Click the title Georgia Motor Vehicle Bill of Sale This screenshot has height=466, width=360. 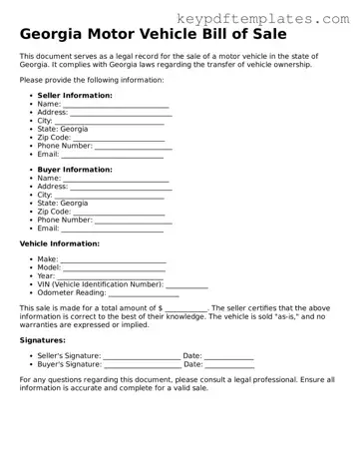150,35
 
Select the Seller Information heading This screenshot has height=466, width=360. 75,95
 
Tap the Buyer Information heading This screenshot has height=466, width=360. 75,170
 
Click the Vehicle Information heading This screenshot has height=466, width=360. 60,243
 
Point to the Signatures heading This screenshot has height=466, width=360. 43,340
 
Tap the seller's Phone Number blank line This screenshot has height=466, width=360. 134,146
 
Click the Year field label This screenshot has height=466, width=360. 46,276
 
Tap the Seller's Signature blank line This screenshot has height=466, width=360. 141,356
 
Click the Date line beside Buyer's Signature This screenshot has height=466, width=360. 230,365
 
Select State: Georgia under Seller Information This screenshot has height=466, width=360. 63,129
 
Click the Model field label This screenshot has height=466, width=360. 49,267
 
